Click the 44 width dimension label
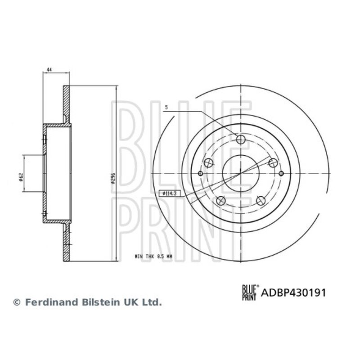49,69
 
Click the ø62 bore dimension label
21,177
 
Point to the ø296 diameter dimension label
113,178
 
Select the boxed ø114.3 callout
170,193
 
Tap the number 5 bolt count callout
166,107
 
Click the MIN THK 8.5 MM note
153,256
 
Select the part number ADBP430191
293,293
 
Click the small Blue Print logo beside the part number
251,292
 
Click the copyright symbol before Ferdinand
17,302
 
